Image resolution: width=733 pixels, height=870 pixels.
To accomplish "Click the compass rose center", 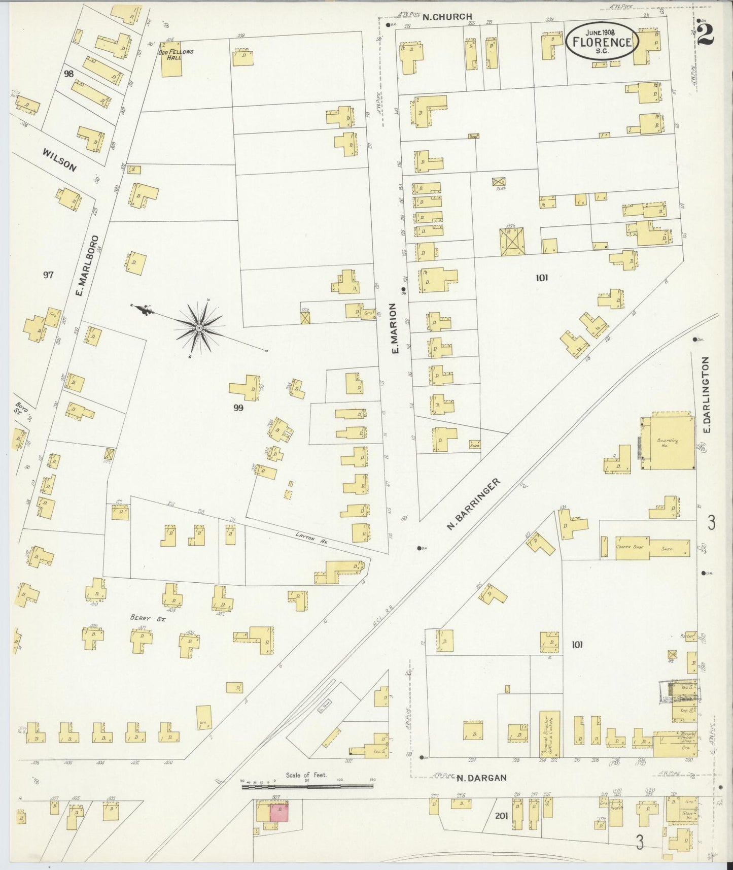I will (x=199, y=328).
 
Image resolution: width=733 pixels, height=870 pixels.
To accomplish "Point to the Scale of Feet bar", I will (x=307, y=800).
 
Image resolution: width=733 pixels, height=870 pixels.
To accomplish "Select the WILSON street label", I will (x=59, y=160).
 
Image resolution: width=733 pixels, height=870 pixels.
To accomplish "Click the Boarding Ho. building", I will (x=667, y=441).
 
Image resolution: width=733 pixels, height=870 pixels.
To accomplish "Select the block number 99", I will (x=238, y=407).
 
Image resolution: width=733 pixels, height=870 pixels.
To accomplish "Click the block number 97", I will (x=48, y=275).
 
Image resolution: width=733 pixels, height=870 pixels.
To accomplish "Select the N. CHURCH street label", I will (x=447, y=17).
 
